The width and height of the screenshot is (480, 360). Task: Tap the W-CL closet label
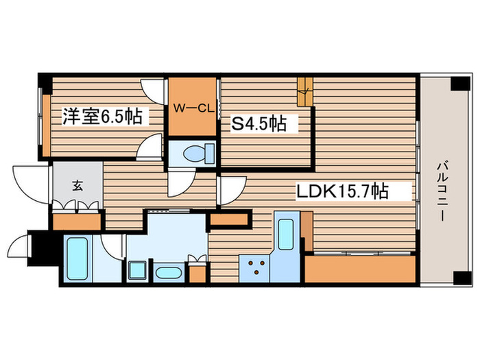coord(194,108)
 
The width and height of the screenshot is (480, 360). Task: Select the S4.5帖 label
coord(257,123)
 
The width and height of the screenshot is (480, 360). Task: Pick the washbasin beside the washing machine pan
coord(167,272)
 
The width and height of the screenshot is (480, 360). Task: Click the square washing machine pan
coord(137,270)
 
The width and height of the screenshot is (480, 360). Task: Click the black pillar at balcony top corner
coord(458,84)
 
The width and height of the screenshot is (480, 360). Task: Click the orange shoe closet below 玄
coord(76,221)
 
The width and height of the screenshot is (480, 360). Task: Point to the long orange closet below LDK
coord(360,268)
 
